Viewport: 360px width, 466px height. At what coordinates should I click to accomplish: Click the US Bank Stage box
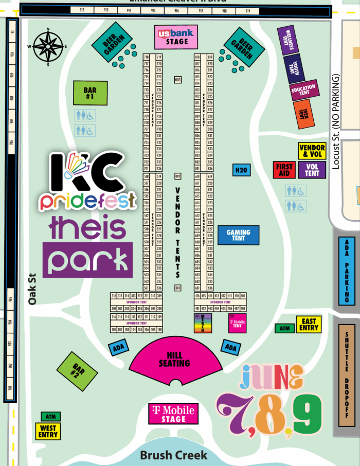(175, 37)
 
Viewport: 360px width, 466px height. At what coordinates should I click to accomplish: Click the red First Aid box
(284, 170)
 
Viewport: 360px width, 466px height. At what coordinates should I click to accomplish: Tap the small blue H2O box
(242, 170)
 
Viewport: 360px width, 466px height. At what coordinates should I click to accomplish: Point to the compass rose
(48, 46)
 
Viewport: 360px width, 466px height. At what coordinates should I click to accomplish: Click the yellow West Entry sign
(48, 431)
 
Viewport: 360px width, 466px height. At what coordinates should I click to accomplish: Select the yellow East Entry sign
(309, 325)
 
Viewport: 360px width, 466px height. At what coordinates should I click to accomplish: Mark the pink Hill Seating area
(178, 360)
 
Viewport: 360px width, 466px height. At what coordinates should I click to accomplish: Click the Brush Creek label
(174, 455)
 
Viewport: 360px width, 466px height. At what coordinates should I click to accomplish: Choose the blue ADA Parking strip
(347, 271)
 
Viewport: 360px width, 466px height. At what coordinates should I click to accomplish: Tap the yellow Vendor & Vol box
(312, 151)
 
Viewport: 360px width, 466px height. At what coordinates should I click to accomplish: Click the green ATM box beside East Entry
(283, 328)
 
